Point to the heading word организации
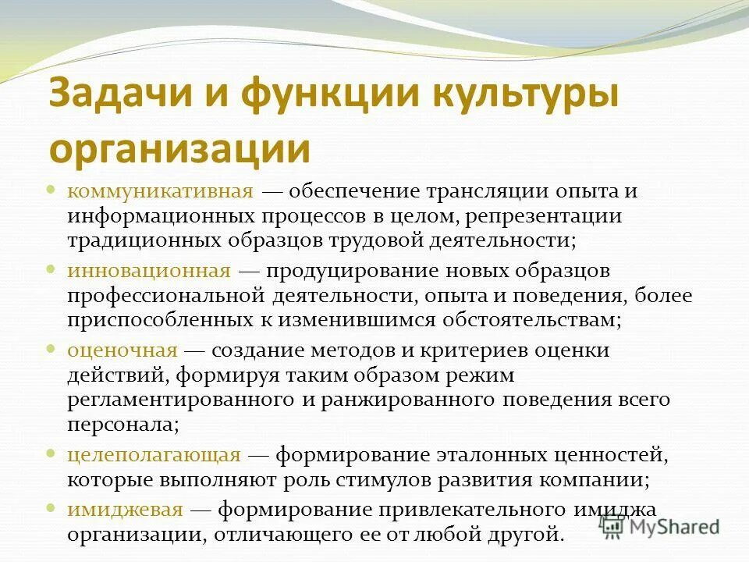[179, 148]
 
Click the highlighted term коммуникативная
[160, 191]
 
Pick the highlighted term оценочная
[122, 350]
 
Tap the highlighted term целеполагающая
[154, 454]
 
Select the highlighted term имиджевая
[125, 510]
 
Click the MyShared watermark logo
[659, 526]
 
